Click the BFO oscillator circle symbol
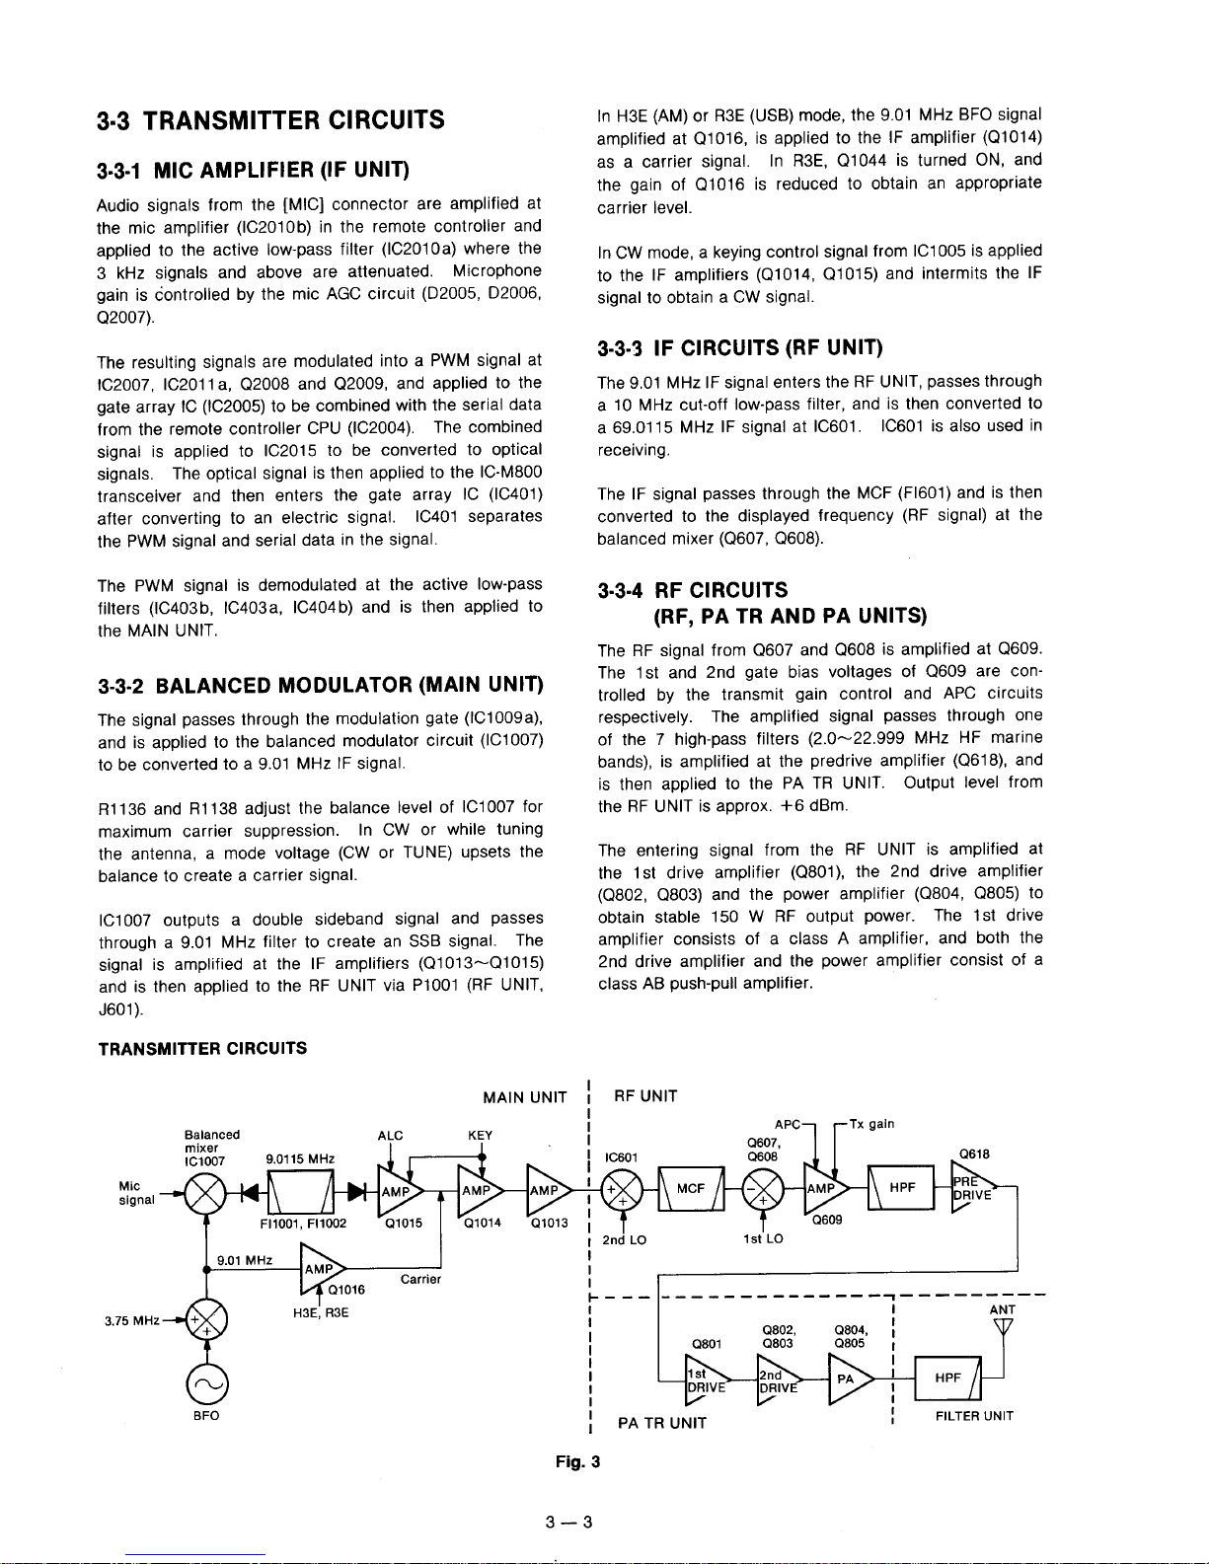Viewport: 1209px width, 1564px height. pos(206,1384)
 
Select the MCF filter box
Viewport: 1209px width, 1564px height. pos(690,1189)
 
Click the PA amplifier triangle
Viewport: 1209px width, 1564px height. pos(849,1378)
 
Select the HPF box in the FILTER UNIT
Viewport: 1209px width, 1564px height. pos(949,1378)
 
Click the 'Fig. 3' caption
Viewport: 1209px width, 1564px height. pos(578,1461)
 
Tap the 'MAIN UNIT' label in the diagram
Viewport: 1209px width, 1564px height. pos(525,1097)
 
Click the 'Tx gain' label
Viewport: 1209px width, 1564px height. pos(869,1124)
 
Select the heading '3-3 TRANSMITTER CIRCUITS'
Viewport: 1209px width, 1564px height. pos(271,120)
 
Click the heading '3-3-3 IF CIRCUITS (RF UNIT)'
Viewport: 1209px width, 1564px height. pos(740,347)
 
